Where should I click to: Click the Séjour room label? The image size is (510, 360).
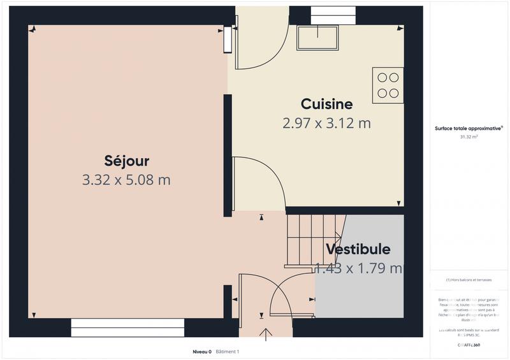126,160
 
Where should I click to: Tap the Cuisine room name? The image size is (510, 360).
326,104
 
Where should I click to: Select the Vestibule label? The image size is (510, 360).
358,249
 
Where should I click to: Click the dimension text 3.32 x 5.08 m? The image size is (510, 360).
126,180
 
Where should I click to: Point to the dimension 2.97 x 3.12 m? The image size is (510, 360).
326,124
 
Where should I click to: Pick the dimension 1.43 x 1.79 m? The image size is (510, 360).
359,268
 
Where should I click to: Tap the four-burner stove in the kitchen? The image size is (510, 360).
388,85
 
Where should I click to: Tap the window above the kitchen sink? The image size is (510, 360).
332,15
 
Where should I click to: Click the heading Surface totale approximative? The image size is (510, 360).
469,128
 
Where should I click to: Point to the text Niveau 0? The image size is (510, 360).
202,352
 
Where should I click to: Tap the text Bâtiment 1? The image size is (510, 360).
227,352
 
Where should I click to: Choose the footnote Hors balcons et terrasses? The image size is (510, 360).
469,280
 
